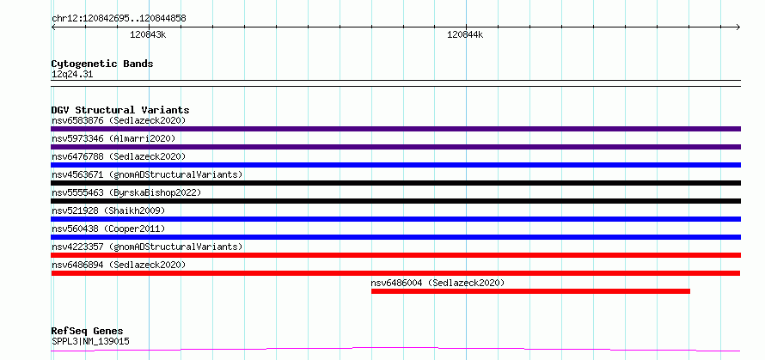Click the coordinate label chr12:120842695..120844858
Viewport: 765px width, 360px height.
tap(119, 19)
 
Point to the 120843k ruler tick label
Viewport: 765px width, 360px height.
tap(148, 34)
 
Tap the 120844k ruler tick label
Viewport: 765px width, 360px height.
tap(465, 34)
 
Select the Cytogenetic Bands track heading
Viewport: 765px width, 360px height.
tap(102, 64)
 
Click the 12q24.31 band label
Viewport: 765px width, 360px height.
tap(72, 75)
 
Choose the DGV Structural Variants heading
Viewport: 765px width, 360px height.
tap(120, 110)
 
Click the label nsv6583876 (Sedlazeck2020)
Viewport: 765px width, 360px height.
tap(119, 120)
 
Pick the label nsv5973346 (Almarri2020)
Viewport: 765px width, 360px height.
tap(113, 138)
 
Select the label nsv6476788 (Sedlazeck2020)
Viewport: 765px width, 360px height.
tap(119, 156)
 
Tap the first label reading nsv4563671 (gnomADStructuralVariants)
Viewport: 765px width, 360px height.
tap(147, 174)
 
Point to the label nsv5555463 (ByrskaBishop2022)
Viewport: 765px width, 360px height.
tap(126, 192)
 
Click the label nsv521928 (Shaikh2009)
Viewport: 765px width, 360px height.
tap(108, 211)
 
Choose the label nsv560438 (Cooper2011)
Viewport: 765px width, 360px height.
tap(108, 229)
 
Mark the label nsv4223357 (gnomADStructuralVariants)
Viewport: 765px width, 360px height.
tap(147, 247)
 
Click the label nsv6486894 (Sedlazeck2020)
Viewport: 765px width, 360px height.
tap(119, 265)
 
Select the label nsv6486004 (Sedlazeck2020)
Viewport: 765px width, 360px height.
tap(438, 283)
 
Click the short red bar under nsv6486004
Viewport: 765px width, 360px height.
tap(531, 291)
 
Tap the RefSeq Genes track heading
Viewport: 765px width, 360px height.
tap(87, 332)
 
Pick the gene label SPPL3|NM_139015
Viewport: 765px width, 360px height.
tap(90, 341)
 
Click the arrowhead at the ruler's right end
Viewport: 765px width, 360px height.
tap(738, 27)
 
